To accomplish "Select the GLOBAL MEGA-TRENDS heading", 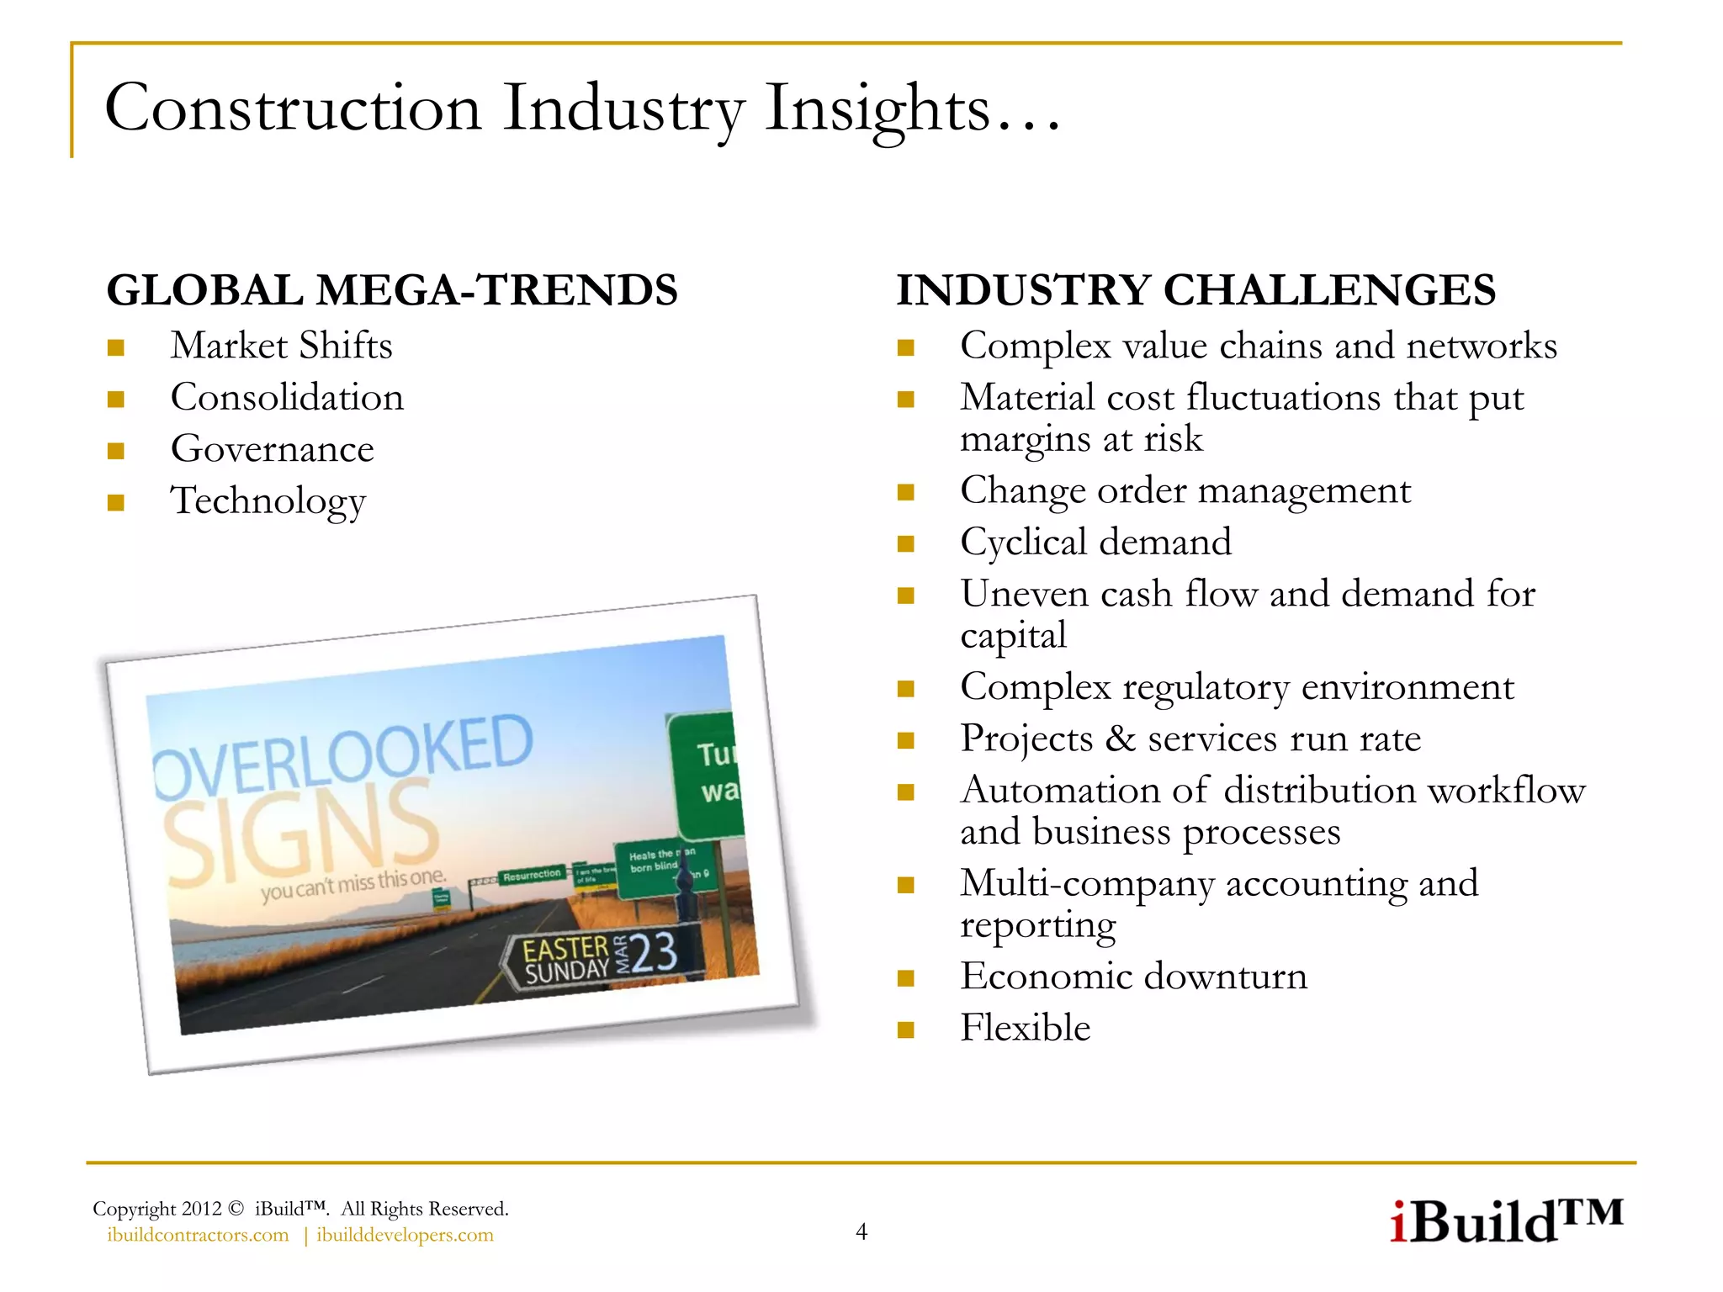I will click(392, 290).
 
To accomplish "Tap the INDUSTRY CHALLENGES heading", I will click(1195, 290).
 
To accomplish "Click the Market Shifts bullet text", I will click(281, 346).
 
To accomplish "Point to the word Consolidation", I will click(287, 398).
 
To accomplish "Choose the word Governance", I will click(272, 449).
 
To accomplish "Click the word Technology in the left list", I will click(268, 501).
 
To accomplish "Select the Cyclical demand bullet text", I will click(1095, 543).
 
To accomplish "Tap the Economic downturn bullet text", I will click(1133, 977).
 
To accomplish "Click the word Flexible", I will click(1025, 1028).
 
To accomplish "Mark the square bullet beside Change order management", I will click(905, 492).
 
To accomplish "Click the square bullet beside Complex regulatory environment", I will click(905, 689).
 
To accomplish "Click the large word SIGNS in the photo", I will click(301, 833).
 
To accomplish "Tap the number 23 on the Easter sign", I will click(654, 954).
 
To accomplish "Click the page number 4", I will click(861, 1232).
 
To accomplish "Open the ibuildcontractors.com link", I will click(198, 1235).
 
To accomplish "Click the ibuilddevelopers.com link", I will click(405, 1235).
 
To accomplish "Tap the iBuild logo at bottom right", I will click(1504, 1221).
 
